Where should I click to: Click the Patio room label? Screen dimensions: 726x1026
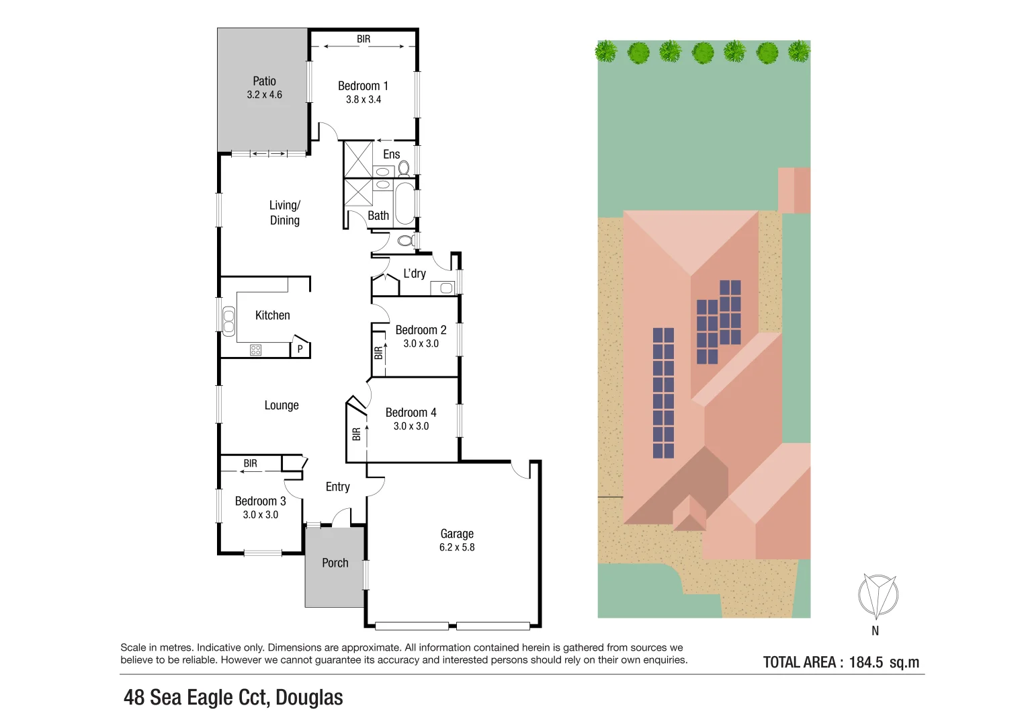[264, 81]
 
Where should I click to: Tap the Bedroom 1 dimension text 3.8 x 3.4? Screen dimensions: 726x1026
[364, 99]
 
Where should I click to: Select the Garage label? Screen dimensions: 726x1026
[457, 534]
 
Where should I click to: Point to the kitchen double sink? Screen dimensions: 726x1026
[229, 320]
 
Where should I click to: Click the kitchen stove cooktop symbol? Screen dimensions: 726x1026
[255, 350]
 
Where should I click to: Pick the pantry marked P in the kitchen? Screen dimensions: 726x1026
[300, 349]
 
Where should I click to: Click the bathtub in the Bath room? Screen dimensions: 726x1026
[404, 204]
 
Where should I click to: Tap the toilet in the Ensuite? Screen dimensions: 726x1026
[404, 167]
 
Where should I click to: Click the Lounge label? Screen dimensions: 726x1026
[282, 405]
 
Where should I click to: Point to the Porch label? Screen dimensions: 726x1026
[335, 563]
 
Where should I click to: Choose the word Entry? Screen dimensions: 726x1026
[337, 487]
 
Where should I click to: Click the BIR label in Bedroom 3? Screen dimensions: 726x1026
[250, 463]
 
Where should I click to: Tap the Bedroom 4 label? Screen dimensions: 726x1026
[411, 413]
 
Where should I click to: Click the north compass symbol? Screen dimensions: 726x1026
[878, 596]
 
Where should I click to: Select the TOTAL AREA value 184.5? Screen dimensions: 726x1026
[866, 662]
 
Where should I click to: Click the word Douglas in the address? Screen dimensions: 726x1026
[309, 698]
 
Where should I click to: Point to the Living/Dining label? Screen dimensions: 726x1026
[285, 212]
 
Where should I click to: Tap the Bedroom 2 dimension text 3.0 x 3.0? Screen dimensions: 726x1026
[421, 344]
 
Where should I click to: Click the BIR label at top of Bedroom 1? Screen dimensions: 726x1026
[364, 39]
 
